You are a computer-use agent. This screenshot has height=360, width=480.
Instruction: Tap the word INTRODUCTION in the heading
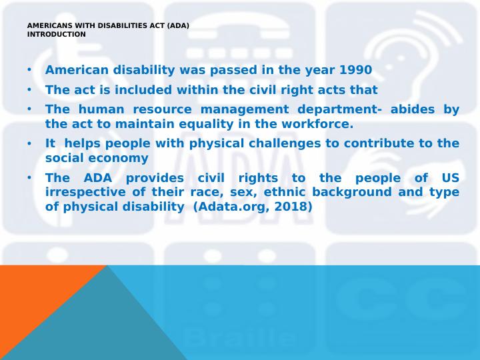[x=56, y=35]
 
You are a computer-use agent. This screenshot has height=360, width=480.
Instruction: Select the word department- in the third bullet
[x=340, y=109]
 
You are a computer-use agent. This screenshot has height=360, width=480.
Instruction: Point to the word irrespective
[x=85, y=192]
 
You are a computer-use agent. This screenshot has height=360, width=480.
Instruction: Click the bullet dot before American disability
[x=29, y=70]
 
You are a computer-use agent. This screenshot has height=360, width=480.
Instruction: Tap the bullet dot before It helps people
[x=29, y=143]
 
